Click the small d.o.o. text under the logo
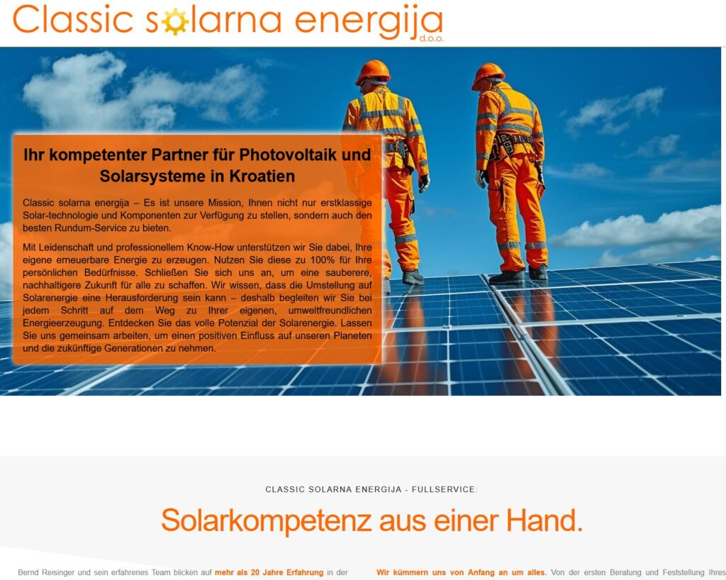click(432, 39)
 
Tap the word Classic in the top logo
click(74, 19)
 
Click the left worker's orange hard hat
click(373, 71)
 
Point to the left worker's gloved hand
click(424, 184)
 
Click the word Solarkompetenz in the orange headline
click(267, 520)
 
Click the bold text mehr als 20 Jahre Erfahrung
click(269, 573)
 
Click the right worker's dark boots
click(518, 275)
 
